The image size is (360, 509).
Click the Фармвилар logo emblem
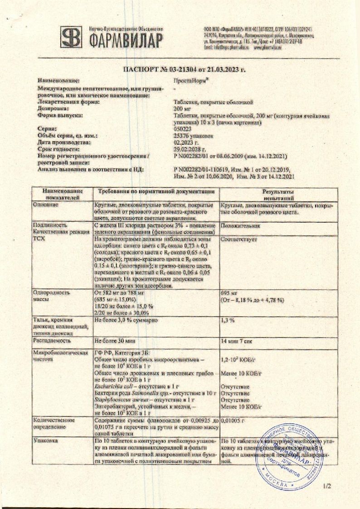72,38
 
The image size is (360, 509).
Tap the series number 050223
182,129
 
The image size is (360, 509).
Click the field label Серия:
48,129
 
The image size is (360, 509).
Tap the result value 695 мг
229,294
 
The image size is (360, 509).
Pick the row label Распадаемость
52,340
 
